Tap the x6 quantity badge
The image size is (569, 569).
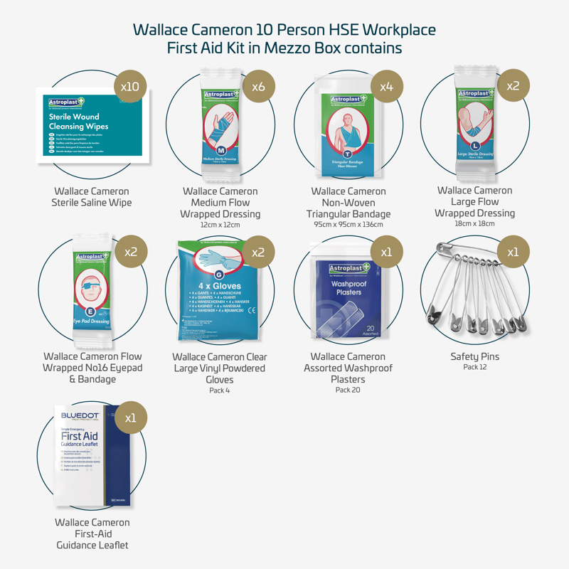pyautogui.click(x=258, y=86)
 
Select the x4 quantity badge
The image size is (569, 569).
pyautogui.click(x=386, y=86)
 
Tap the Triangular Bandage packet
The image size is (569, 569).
pyautogui.click(x=349, y=132)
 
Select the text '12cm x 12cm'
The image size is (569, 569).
pyautogui.click(x=220, y=225)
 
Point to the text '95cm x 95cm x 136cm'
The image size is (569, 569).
pyautogui.click(x=349, y=225)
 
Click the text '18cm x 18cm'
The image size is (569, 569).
pyautogui.click(x=475, y=224)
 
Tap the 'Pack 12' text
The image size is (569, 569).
pyautogui.click(x=475, y=367)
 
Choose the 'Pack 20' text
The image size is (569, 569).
pyautogui.click(x=348, y=390)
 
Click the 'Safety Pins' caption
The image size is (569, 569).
pyautogui.click(x=475, y=356)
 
